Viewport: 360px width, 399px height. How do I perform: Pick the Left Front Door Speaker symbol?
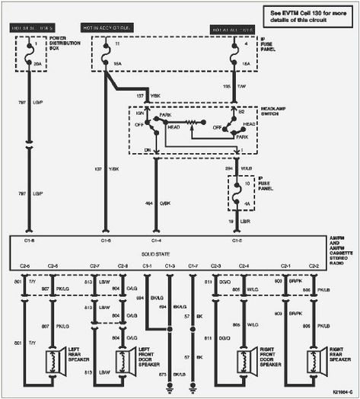pos(124,361)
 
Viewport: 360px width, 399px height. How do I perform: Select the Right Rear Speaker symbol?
pos(314,361)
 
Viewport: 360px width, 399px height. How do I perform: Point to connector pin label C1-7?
pos(193,266)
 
